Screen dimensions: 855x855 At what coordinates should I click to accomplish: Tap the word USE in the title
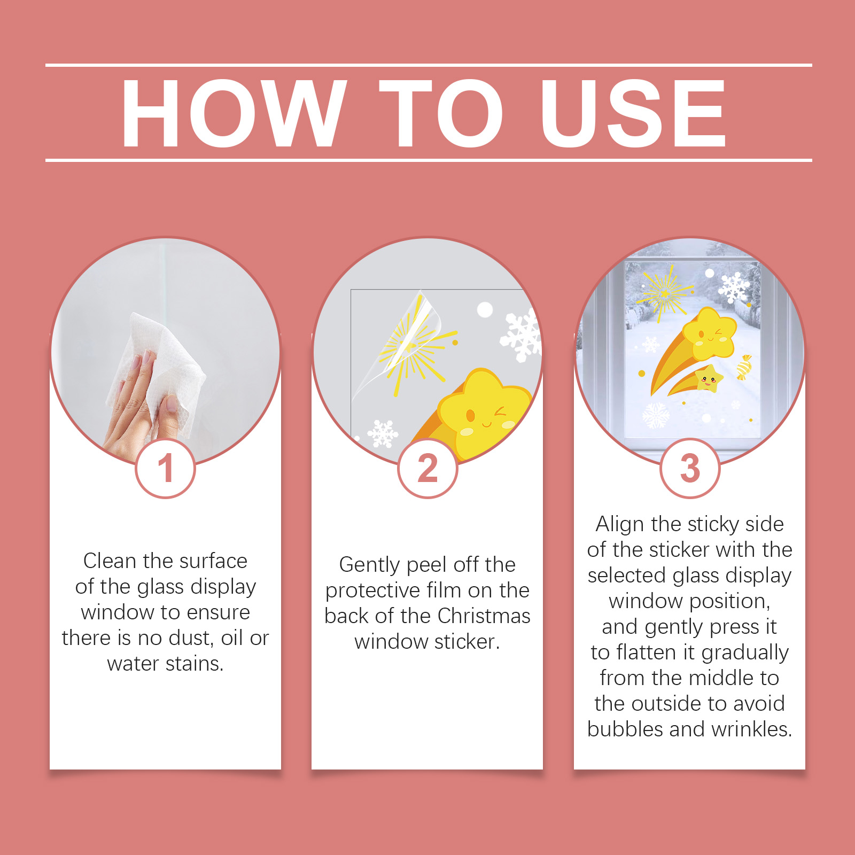(633, 113)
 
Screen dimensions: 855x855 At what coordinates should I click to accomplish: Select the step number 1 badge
(166, 469)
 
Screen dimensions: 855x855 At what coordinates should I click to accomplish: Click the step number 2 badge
(428, 469)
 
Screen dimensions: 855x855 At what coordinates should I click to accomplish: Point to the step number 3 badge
(690, 469)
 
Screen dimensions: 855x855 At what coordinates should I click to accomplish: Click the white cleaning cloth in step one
(160, 369)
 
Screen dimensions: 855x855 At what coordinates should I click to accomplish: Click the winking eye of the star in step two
(500, 411)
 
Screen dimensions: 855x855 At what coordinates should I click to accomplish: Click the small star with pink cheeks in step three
(708, 378)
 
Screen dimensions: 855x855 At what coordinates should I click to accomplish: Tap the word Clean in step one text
(110, 561)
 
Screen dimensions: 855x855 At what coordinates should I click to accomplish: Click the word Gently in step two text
(370, 565)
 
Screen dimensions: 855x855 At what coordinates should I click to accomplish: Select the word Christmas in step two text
(484, 616)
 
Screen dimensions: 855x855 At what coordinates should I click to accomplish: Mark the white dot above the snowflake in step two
(485, 309)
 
